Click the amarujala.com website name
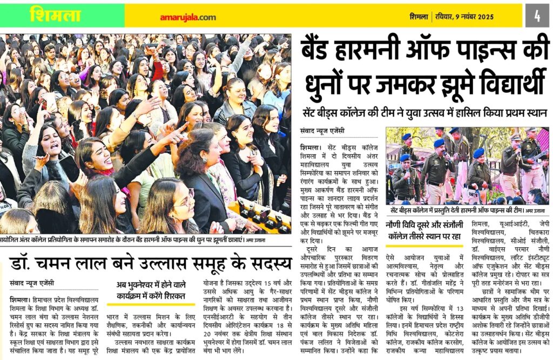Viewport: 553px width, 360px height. pyautogui.click(x=187, y=17)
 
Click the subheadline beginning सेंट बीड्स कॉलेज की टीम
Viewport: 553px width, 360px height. pyautogui.click(x=425, y=113)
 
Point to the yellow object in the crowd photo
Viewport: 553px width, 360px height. pyautogui.click(x=259, y=213)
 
